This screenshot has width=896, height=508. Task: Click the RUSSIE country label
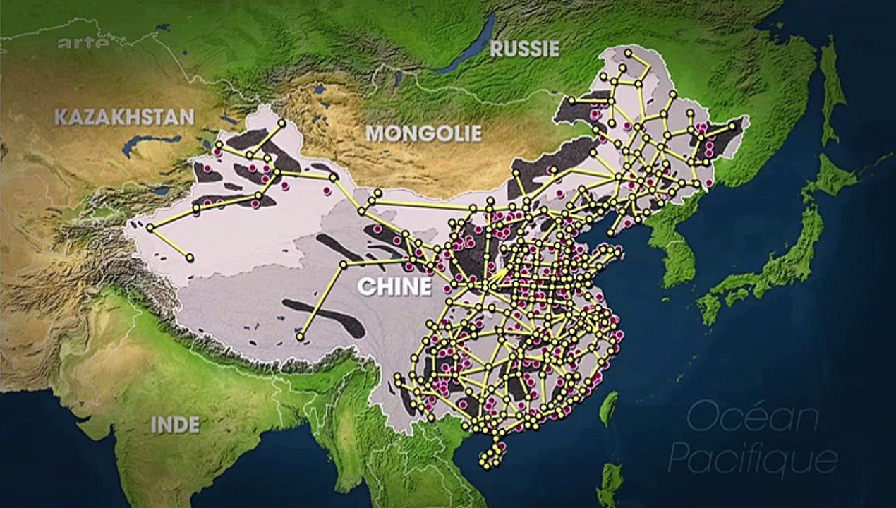pyautogui.click(x=524, y=48)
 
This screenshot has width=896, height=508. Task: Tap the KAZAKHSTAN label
pyautogui.click(x=124, y=116)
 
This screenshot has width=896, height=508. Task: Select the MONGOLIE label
pyautogui.click(x=423, y=133)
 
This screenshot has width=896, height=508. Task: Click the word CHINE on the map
pyautogui.click(x=394, y=286)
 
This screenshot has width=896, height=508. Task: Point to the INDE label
pyautogui.click(x=175, y=424)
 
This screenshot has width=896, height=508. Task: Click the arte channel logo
pyautogui.click(x=83, y=43)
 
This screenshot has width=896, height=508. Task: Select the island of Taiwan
pyautogui.click(x=607, y=409)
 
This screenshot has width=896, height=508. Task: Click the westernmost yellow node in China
pyautogui.click(x=150, y=227)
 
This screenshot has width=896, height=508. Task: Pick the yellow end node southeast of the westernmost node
pyautogui.click(x=189, y=258)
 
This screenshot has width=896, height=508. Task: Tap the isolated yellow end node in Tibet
pyautogui.click(x=300, y=337)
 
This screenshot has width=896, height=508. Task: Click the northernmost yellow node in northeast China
pyautogui.click(x=628, y=52)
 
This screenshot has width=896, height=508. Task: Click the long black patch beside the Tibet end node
pyautogui.click(x=325, y=317)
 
